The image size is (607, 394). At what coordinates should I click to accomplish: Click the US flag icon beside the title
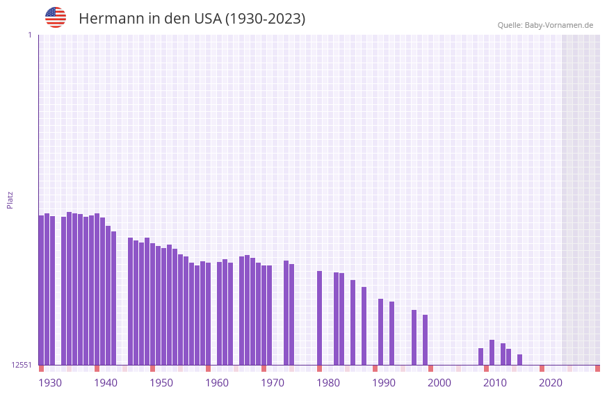point(56,17)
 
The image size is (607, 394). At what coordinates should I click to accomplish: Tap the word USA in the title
point(207,19)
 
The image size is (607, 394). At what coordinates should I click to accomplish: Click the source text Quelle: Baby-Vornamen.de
point(545,25)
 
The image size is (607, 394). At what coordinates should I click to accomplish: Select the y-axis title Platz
point(10,199)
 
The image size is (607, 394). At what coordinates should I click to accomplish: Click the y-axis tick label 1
point(29,35)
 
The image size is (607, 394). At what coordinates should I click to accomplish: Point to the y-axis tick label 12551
point(21,365)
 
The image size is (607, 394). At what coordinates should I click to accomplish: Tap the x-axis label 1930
point(50,383)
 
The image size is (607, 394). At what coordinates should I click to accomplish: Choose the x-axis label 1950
point(161,383)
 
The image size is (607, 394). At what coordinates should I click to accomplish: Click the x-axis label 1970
point(273,383)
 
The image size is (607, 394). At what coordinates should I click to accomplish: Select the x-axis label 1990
point(384,383)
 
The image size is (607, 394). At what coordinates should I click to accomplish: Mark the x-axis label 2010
point(495,383)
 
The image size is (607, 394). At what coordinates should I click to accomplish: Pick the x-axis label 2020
point(551,383)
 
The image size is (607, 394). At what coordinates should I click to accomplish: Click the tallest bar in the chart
point(70,288)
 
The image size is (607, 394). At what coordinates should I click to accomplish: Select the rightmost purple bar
point(519,359)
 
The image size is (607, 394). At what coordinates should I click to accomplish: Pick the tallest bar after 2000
point(492,352)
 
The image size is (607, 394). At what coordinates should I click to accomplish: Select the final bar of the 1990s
point(425,340)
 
